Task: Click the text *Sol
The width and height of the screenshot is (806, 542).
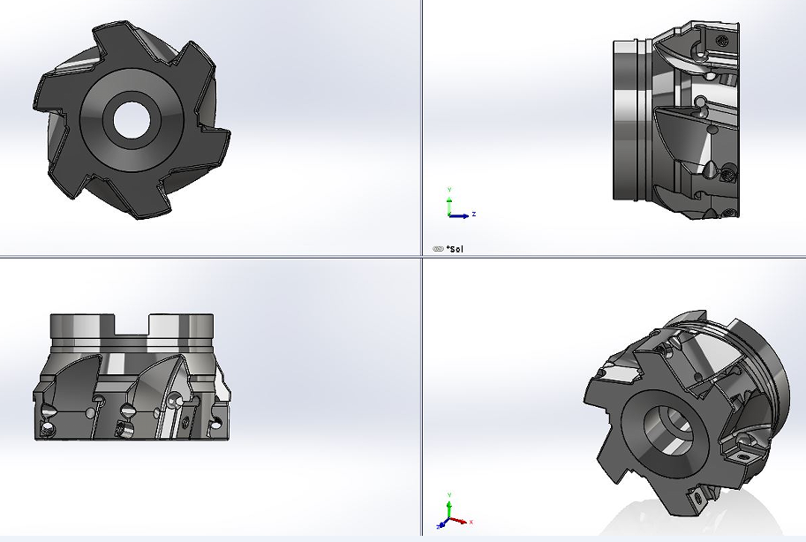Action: pyautogui.click(x=455, y=249)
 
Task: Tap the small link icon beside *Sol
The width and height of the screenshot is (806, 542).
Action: pyautogui.click(x=439, y=249)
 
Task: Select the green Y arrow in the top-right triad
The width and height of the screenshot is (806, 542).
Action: pyautogui.click(x=449, y=203)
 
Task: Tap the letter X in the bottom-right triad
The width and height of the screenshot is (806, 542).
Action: pyautogui.click(x=471, y=521)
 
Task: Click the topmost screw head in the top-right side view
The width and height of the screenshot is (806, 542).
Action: pyautogui.click(x=723, y=41)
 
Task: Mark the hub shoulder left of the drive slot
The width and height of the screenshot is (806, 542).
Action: pyautogui.click(x=82, y=331)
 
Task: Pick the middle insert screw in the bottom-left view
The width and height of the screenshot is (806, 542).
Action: pyautogui.click(x=127, y=410)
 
